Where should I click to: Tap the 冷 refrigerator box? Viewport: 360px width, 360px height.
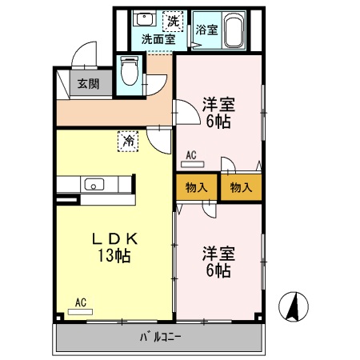click(128, 141)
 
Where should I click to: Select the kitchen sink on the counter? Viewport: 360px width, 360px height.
click(94, 186)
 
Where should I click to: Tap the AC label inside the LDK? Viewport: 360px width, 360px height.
click(80, 303)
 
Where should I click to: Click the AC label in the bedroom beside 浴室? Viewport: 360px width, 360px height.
click(191, 155)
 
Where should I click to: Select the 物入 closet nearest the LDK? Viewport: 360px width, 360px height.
click(196, 187)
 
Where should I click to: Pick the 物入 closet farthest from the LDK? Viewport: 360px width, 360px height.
click(240, 187)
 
